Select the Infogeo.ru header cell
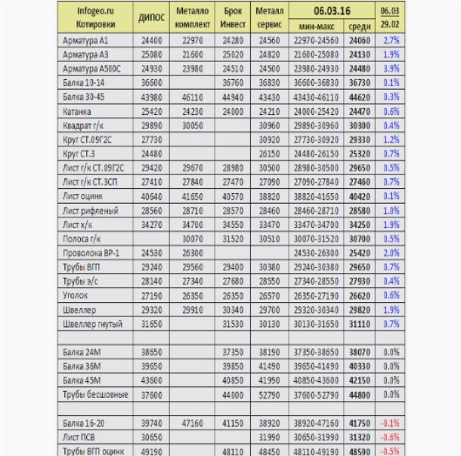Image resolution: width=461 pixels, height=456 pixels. coord(94,11)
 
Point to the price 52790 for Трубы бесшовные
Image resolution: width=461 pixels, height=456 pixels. coord(268,394)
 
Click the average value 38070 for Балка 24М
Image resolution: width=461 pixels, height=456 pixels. coord(357,351)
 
